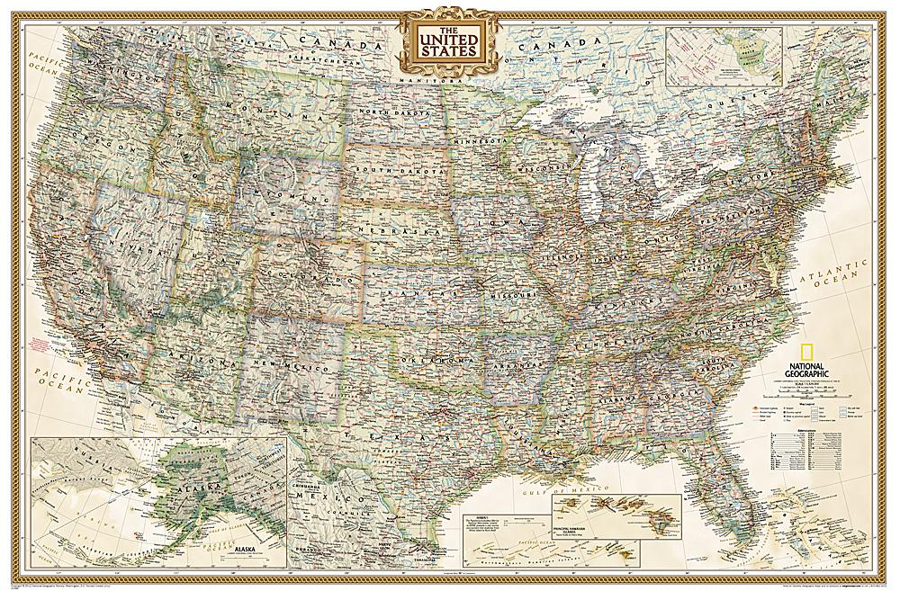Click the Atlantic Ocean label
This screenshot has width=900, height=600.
click(833, 270)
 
